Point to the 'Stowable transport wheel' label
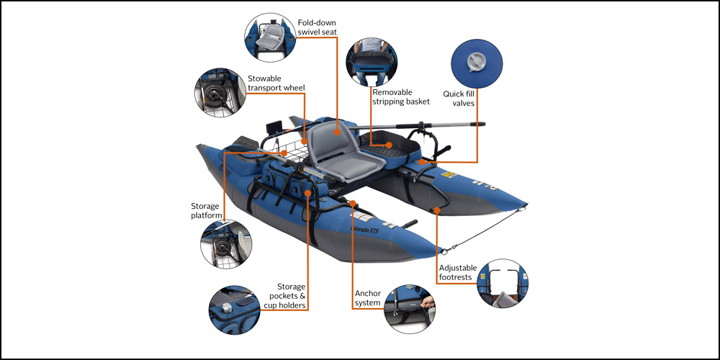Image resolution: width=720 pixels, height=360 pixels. pyautogui.click(x=276, y=83)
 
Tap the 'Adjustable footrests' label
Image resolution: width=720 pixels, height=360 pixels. pyautogui.click(x=457, y=273)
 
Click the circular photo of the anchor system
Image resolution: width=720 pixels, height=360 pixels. pyautogui.click(x=410, y=307)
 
